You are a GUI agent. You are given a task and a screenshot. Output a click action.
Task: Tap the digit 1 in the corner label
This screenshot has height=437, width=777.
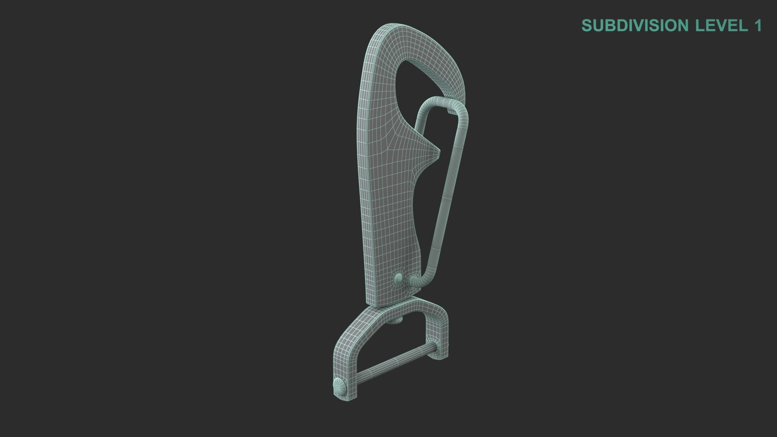point(757,25)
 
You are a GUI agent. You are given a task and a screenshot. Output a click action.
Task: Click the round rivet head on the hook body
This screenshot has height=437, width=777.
point(398,278)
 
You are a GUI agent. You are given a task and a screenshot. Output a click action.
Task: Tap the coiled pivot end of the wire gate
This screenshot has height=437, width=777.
point(414,280)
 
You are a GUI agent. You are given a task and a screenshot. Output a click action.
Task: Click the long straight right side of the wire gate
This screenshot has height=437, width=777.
point(449,190)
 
